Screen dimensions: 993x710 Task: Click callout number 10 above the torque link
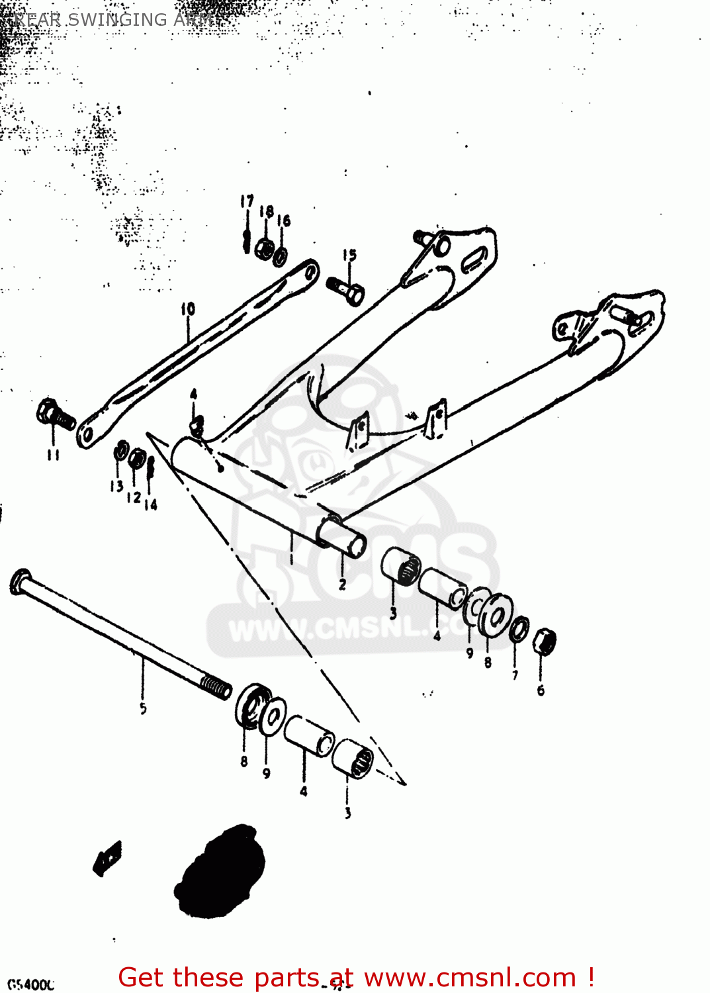[x=188, y=309]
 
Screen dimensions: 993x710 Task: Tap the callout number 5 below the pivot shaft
[x=143, y=708]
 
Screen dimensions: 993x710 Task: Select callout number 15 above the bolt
[x=349, y=255]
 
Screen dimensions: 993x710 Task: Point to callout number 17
[x=247, y=201]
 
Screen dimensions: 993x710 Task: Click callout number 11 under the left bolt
[x=53, y=455]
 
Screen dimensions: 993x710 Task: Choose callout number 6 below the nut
[x=541, y=690]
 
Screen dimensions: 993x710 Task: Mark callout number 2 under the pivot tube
[x=342, y=584]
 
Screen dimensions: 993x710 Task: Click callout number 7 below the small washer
[x=515, y=675]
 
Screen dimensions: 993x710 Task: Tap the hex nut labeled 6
[x=544, y=641]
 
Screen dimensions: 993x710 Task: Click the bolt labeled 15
[x=346, y=291]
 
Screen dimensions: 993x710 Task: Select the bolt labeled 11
[x=54, y=414]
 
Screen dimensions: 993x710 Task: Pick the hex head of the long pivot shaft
[x=21, y=581]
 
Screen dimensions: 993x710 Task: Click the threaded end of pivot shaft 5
[x=216, y=686]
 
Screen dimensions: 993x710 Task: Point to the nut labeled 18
[x=265, y=249]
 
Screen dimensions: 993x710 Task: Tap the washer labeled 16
[x=281, y=255]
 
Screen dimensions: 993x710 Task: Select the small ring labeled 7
[x=519, y=628]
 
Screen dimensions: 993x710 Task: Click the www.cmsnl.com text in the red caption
[x=470, y=977]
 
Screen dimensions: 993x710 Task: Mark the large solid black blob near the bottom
[x=220, y=870]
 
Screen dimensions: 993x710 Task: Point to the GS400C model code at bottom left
[x=30, y=984]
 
